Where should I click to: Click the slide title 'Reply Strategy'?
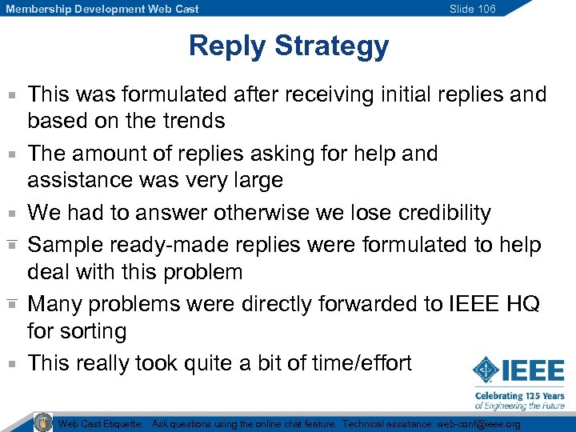[x=288, y=46]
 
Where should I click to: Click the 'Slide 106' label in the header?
[x=472, y=9]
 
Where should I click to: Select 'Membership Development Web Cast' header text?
[x=102, y=9]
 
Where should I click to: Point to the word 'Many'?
[x=57, y=304]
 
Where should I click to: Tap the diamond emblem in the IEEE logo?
[x=486, y=371]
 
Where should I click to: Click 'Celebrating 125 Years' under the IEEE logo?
[x=520, y=396]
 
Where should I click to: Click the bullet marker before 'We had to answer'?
[x=12, y=214]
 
